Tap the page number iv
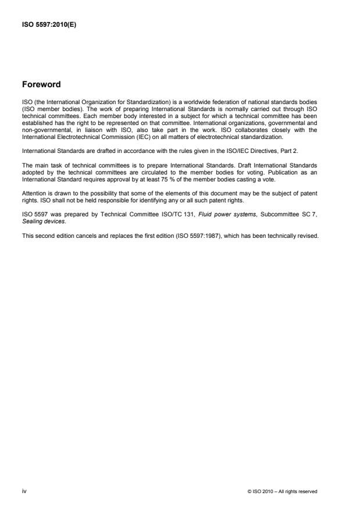tap(23, 491)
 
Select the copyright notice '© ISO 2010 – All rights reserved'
tap(282, 491)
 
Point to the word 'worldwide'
tap(199, 102)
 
